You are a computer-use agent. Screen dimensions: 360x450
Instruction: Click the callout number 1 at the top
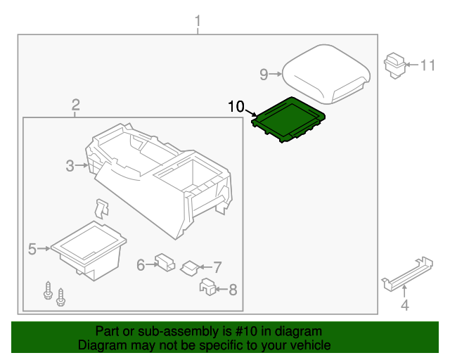[x=198, y=21]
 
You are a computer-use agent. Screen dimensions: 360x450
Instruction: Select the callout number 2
[x=75, y=105]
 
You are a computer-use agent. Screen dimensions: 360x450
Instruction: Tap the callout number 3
[x=70, y=166]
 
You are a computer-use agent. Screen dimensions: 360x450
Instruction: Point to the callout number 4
[x=404, y=304]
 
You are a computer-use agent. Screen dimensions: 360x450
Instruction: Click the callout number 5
[x=32, y=248]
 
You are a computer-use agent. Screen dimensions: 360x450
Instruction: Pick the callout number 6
[x=141, y=264]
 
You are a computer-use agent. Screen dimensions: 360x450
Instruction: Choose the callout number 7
[x=217, y=267]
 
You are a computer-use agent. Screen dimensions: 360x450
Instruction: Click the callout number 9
[x=264, y=74]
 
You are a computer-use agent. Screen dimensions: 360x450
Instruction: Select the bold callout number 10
[x=236, y=107]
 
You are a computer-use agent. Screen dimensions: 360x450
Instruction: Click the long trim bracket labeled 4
[x=407, y=273]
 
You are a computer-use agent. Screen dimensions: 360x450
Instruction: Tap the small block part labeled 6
[x=166, y=262]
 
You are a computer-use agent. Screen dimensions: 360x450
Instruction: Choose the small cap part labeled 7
[x=190, y=267]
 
